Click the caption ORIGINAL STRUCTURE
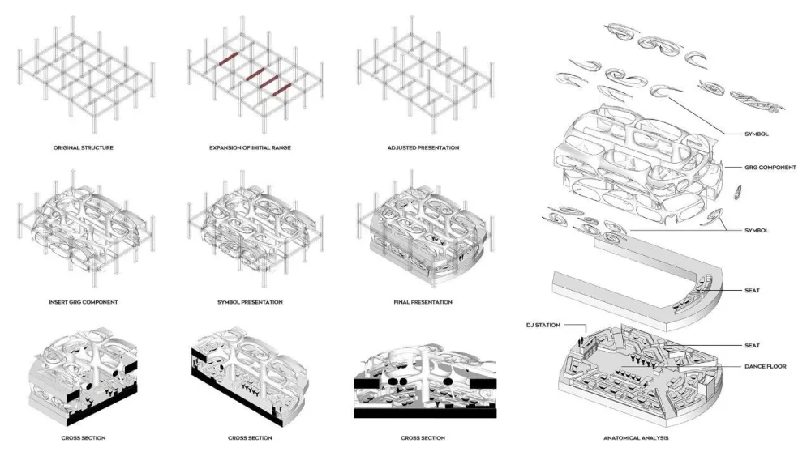83,148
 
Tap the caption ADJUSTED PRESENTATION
423,148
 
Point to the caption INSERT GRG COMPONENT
83,302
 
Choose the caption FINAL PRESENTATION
423,302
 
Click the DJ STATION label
545,326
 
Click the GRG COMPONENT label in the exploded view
770,168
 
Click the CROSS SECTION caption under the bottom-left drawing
83,438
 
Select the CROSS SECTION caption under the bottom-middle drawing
250,438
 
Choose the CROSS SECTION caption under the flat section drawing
423,438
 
